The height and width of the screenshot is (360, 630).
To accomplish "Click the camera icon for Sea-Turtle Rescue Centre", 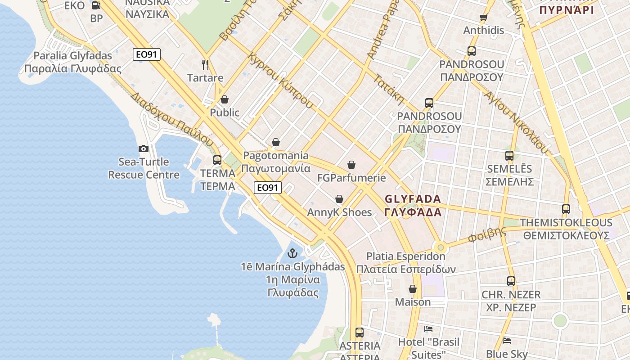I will [144, 148].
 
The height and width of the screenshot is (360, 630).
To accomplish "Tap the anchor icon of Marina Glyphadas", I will [293, 253].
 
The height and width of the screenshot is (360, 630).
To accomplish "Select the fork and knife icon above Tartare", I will [205, 65].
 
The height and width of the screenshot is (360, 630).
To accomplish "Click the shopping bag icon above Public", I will [225, 99].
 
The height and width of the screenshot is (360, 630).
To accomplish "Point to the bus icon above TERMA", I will [217, 160].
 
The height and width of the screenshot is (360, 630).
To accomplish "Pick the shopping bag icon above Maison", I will [413, 289].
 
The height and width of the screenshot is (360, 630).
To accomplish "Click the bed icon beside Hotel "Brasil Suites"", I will [428, 329].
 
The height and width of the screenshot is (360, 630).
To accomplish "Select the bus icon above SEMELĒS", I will [509, 156].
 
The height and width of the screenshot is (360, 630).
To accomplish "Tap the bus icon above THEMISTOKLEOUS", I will [566, 209].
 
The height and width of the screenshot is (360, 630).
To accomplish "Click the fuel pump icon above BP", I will [96, 5].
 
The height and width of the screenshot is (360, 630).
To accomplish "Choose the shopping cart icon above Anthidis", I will [484, 18].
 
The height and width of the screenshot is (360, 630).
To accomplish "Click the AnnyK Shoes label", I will [339, 212].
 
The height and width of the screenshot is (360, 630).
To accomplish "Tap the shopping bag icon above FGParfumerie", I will [351, 165].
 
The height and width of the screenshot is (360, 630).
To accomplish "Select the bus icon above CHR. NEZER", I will [511, 281].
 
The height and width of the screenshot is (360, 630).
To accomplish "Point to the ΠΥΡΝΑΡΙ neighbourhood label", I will [567, 10].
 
